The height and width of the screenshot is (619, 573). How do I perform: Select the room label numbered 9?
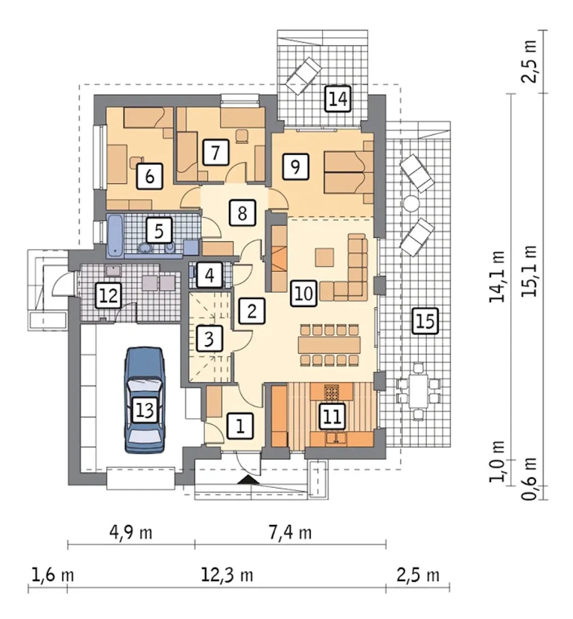(296, 166)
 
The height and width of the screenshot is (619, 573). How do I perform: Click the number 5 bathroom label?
(159, 231)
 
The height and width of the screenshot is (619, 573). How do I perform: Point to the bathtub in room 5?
(115, 236)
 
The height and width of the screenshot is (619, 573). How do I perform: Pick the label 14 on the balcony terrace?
(338, 99)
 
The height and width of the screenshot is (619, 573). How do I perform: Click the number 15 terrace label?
(425, 321)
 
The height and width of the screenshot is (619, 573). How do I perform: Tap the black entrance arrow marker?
(248, 480)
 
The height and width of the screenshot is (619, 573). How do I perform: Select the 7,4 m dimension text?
(290, 533)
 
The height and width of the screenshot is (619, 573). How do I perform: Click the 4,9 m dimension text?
(131, 533)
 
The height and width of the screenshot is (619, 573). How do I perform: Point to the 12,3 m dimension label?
(227, 575)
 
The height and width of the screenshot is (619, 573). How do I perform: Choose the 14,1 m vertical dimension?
(497, 277)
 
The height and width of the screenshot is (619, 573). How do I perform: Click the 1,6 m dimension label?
(53, 575)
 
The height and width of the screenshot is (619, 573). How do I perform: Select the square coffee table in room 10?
(325, 257)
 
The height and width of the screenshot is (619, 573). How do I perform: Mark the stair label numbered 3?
(209, 339)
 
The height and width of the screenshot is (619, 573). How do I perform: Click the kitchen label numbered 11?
(333, 416)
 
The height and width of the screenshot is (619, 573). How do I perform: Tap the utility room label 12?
(108, 295)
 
